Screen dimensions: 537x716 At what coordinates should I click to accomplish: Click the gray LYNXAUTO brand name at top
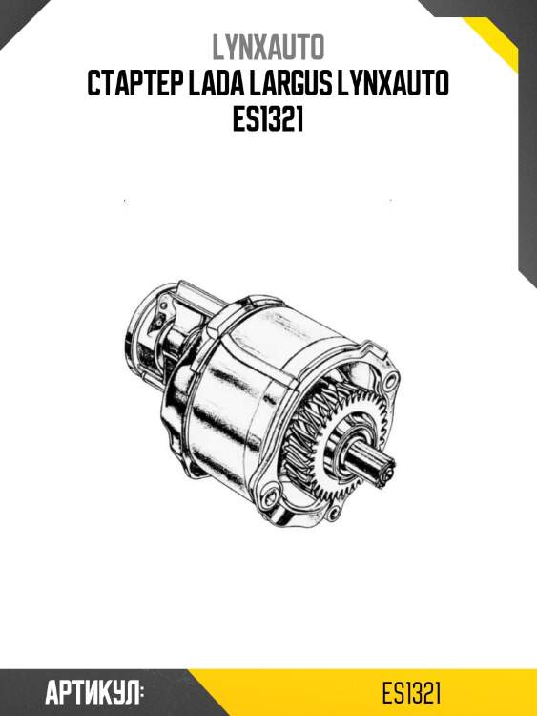click(268, 47)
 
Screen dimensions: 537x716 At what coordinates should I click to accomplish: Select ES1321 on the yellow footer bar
click(411, 693)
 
